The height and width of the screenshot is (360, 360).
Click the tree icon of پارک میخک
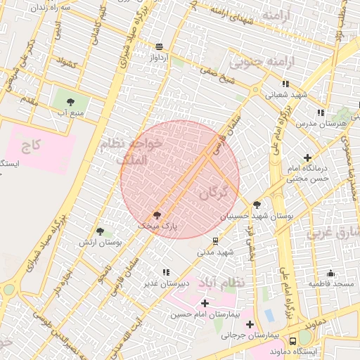[x=157, y=215]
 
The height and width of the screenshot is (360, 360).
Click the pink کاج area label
[x=32, y=146]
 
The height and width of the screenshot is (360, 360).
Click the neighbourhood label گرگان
[x=213, y=191]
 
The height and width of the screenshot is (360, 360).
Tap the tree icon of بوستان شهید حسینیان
[x=257, y=205]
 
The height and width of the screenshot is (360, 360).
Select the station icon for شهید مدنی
[x=216, y=240]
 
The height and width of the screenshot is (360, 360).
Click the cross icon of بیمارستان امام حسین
[x=205, y=303]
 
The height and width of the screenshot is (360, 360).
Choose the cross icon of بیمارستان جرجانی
[x=250, y=324]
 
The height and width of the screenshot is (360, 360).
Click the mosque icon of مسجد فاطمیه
[x=331, y=273]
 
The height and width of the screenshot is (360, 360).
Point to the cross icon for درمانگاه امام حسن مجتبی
[x=307, y=157]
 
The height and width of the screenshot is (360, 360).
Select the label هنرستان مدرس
[x=333, y=124]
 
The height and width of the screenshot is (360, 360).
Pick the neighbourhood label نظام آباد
[x=221, y=281]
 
